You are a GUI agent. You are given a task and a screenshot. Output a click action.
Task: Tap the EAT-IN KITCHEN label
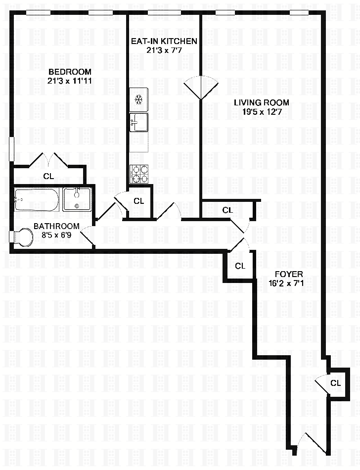tap(164, 41)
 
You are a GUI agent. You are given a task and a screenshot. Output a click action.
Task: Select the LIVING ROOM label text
tap(261, 102)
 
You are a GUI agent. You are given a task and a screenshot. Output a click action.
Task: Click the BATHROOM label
tap(56, 226)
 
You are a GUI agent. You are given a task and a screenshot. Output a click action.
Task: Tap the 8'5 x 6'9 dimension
tap(56, 235)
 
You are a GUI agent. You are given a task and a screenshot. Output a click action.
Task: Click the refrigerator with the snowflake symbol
tap(139, 99)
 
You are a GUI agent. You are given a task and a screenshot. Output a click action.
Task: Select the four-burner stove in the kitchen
tap(139, 174)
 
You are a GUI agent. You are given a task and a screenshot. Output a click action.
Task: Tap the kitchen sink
tap(138, 122)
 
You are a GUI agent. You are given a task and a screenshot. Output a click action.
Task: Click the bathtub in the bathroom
tap(37, 199)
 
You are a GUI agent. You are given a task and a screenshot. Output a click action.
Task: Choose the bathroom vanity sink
tap(77, 199)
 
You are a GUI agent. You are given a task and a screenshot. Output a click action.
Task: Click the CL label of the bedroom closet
tap(48, 176)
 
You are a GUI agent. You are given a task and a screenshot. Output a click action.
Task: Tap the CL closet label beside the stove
tap(139, 201)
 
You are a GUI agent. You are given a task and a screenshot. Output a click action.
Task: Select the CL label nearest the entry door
tap(335, 382)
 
